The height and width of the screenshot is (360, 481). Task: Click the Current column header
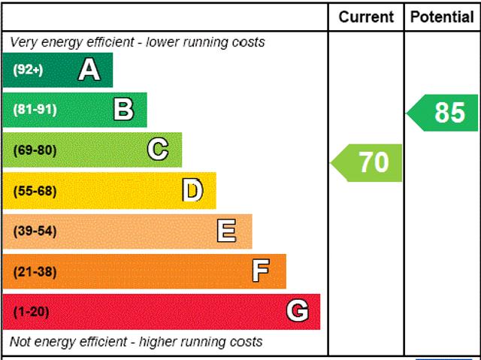(x=366, y=17)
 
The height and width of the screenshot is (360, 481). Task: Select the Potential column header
(x=442, y=17)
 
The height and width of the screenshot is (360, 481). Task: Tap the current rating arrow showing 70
(x=368, y=162)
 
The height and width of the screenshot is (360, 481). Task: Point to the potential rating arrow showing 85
(x=444, y=113)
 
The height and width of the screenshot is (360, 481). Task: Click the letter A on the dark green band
(x=89, y=70)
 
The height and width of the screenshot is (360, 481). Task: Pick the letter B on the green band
(x=123, y=110)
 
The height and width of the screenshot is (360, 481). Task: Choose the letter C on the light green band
(x=157, y=150)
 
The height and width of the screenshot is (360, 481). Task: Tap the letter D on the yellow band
(x=192, y=191)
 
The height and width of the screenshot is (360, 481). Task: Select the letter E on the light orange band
(x=226, y=231)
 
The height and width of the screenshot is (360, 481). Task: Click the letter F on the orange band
(x=261, y=271)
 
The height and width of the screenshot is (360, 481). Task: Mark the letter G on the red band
(x=297, y=311)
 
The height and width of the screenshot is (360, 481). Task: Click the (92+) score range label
(x=28, y=70)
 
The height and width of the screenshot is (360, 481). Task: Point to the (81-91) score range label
(x=35, y=110)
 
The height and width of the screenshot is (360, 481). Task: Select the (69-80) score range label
(x=35, y=150)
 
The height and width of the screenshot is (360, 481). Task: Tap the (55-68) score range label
(x=35, y=191)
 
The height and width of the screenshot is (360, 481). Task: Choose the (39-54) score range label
(x=35, y=231)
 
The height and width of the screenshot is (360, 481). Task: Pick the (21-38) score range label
(x=35, y=271)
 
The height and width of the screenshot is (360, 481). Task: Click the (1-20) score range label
(x=31, y=311)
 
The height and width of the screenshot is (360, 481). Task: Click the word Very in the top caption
(x=23, y=42)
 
